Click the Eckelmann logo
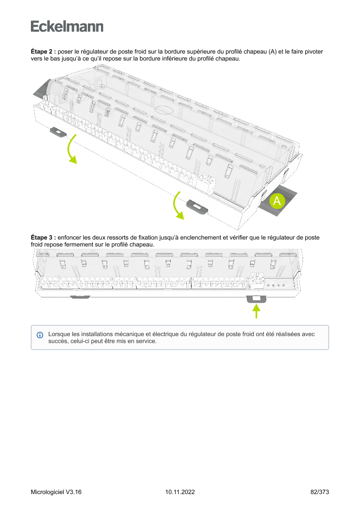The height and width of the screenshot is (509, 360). click(x=67, y=27)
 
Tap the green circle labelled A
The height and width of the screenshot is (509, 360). click(x=277, y=201)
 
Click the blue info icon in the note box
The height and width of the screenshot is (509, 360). click(x=40, y=335)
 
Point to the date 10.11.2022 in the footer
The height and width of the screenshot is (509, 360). click(x=180, y=492)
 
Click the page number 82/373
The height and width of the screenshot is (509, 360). click(x=320, y=492)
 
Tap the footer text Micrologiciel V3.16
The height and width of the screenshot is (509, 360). click(x=56, y=492)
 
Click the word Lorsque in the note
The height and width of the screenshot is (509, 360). click(x=59, y=334)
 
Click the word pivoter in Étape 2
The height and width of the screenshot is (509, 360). click(x=313, y=52)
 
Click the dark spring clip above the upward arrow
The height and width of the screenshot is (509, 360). click(x=257, y=299)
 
